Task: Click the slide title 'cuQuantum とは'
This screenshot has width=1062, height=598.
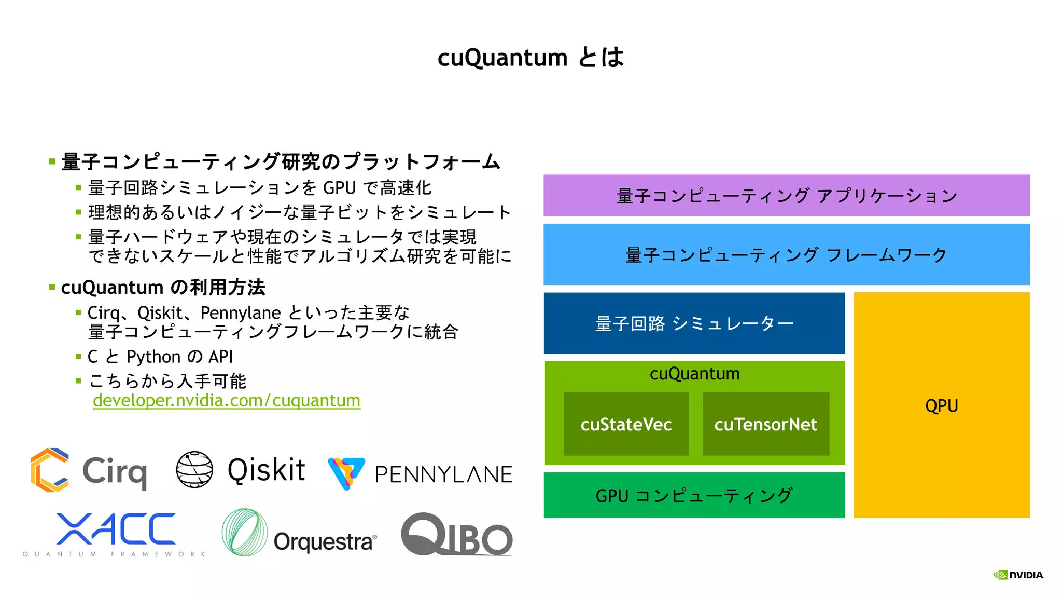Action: point(530,57)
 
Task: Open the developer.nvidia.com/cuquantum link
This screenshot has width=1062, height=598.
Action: point(227,401)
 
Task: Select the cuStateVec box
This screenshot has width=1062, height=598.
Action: point(626,424)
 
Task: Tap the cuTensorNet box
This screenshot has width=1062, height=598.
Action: point(765,424)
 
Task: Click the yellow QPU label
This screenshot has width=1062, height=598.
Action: point(941,405)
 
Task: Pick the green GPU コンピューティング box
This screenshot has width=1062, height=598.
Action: point(694,495)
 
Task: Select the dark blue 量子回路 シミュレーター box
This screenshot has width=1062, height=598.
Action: point(694,323)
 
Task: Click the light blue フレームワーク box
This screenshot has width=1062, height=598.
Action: point(786,255)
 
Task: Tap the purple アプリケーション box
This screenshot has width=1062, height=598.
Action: point(786,196)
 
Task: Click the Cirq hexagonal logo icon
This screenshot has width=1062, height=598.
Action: point(50,470)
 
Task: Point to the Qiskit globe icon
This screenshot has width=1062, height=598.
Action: point(194,469)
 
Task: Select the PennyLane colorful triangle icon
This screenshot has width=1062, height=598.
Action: point(346,472)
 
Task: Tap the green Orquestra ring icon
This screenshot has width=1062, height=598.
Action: point(245,532)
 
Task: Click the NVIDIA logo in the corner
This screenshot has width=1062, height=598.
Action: point(1018,575)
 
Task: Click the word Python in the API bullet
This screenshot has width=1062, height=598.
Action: point(153,357)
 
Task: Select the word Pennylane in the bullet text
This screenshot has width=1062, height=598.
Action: point(241,313)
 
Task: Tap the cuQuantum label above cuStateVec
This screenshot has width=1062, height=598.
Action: point(694,374)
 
